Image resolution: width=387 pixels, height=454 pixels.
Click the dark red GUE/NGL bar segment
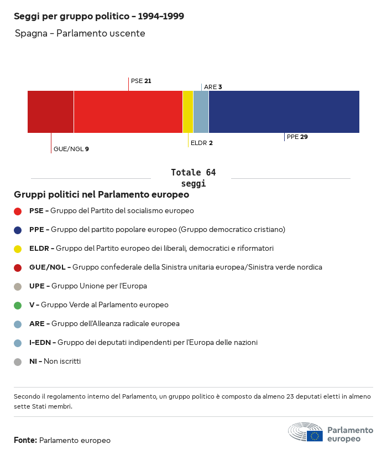50,112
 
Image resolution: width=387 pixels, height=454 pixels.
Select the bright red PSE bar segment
128,112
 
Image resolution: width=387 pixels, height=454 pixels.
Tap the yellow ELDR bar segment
188,112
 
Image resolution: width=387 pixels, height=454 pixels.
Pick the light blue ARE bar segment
201,112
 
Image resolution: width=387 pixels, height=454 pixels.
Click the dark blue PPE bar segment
284,112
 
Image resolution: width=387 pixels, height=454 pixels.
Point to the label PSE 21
141,81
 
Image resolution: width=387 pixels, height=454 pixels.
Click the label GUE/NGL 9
71,149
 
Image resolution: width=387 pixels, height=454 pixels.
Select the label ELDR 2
201,143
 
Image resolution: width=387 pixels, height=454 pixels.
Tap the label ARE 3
213,87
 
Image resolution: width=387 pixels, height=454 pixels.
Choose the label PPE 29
297,137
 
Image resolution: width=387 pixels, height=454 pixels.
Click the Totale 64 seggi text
193,178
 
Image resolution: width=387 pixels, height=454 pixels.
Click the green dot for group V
18,305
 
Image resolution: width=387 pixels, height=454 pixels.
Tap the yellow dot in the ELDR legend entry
18,249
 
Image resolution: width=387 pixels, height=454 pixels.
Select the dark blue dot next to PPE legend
18,230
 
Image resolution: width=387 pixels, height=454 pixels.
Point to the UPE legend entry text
88,286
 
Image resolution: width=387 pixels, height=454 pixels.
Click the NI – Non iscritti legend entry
55,362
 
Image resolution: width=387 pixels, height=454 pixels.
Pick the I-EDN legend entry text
143,343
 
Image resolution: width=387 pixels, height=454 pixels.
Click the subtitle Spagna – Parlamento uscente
80,34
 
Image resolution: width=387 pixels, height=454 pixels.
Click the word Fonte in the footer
25,441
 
